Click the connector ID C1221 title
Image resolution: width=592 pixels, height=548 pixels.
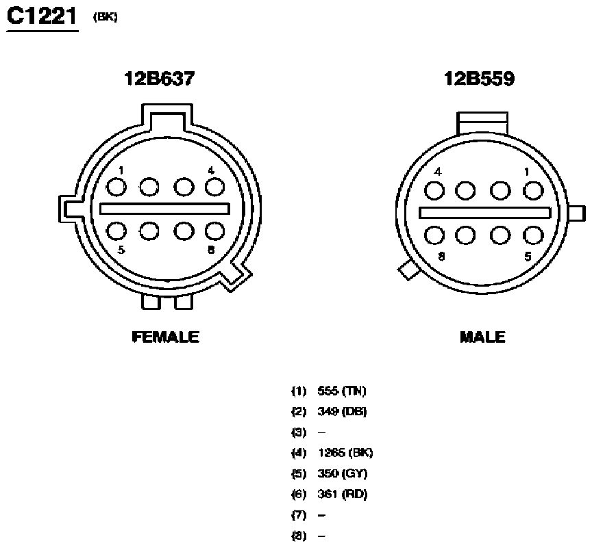coord(42,16)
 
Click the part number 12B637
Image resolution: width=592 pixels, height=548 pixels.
coord(160,79)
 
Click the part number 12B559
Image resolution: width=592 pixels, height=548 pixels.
coord(479,79)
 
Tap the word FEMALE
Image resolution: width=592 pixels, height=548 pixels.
coord(166,337)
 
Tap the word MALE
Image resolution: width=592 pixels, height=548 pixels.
coord(483,337)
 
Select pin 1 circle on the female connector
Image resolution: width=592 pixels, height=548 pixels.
coord(116,187)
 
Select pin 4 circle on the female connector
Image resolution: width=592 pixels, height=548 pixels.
coord(215,187)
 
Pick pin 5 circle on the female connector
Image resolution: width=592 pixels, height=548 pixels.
coord(116,231)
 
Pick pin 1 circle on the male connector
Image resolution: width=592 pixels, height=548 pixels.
coord(533,191)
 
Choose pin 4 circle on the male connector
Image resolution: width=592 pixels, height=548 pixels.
coord(434,191)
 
